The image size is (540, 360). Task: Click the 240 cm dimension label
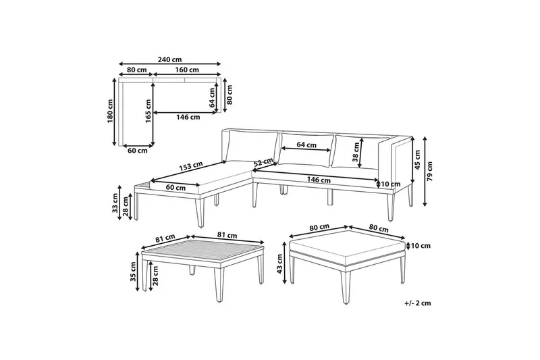pyautogui.click(x=169, y=59)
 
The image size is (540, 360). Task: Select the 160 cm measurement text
pyautogui.click(x=187, y=70)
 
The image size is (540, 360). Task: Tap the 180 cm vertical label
pyautogui.click(x=110, y=111)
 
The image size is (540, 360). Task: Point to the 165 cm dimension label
pyautogui.click(x=148, y=111)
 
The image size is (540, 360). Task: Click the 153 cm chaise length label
pyautogui.click(x=191, y=167)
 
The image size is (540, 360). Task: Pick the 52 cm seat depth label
pyautogui.click(x=263, y=162)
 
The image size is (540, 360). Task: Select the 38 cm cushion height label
pyautogui.click(x=356, y=152)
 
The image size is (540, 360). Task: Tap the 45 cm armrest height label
pyautogui.click(x=417, y=159)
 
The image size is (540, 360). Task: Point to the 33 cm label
pyautogui.click(x=115, y=203)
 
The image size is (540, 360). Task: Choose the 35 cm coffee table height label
pyautogui.click(x=133, y=272)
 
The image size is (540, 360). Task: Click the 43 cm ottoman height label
pyautogui.click(x=279, y=263)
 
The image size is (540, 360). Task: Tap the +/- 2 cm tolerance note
pyautogui.click(x=418, y=303)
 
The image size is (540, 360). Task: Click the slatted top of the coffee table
pyautogui.click(x=203, y=251)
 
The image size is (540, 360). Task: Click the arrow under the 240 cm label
pyautogui.click(x=169, y=64)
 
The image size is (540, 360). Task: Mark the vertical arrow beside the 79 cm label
pyautogui.click(x=425, y=171)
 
